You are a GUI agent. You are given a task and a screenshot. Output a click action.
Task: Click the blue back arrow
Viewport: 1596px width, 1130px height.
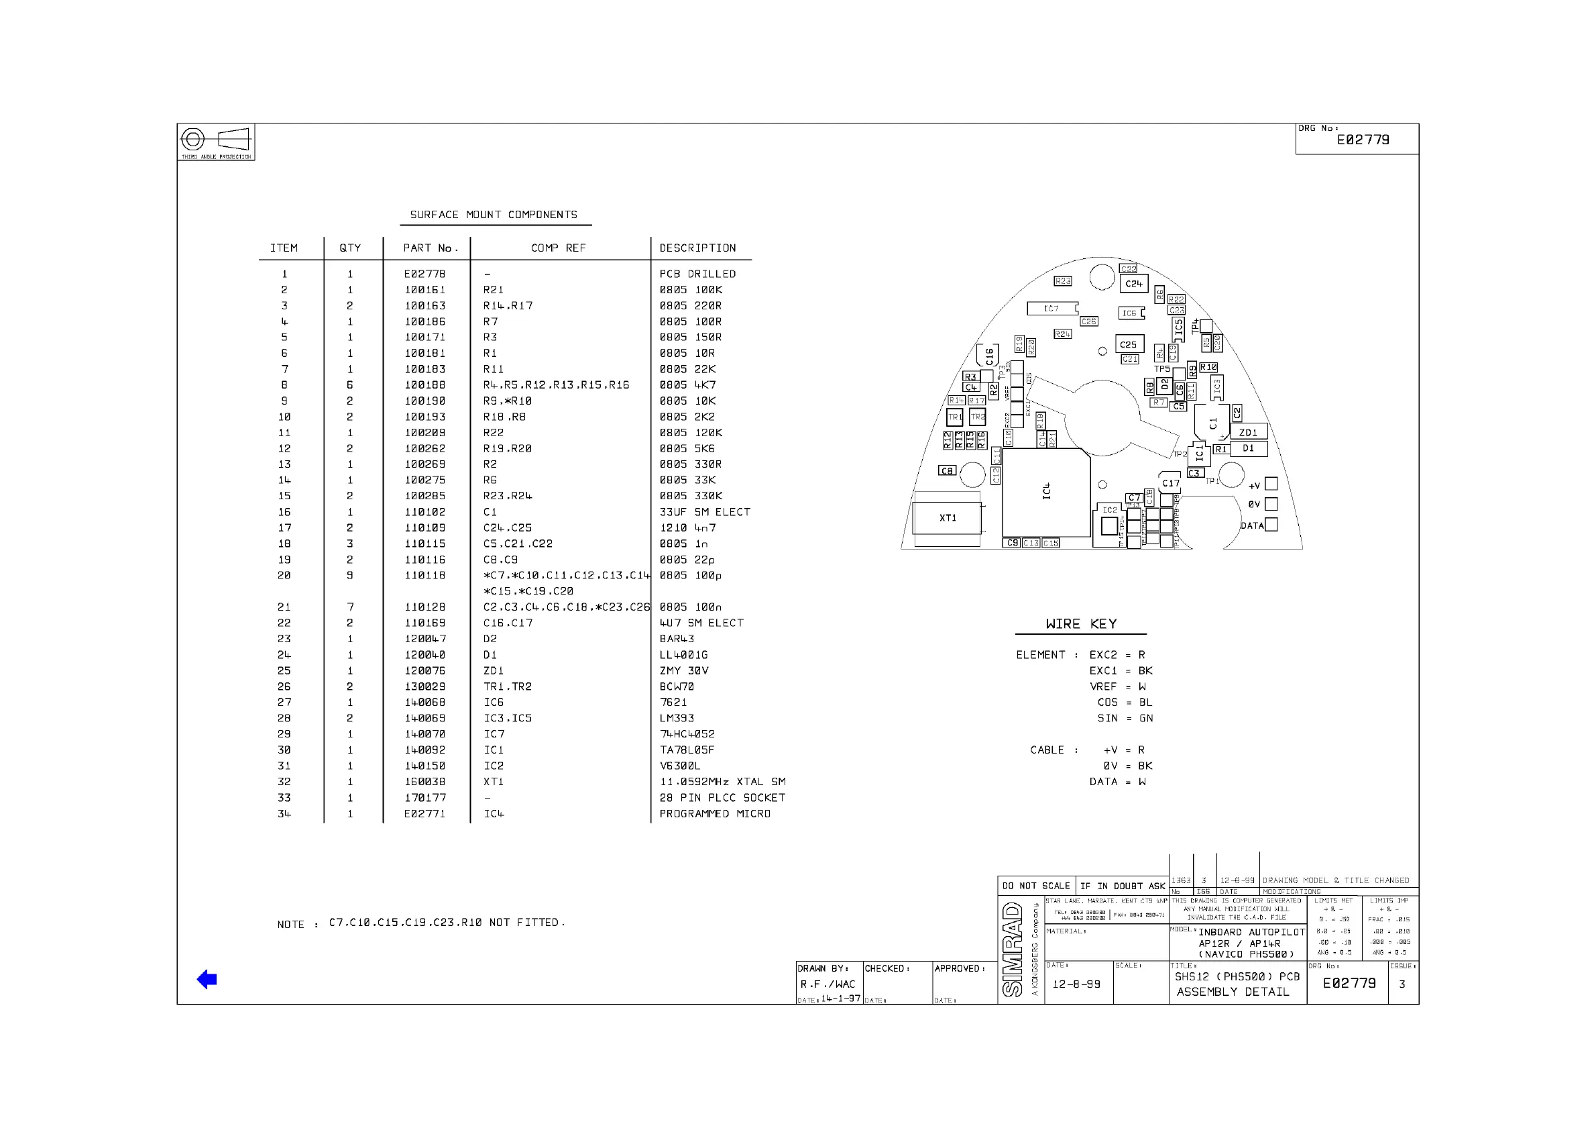click(207, 979)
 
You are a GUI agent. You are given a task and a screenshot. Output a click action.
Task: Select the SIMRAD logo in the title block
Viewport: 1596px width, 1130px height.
click(1013, 949)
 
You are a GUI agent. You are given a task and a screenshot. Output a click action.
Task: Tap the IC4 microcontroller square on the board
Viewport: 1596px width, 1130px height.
click(1046, 492)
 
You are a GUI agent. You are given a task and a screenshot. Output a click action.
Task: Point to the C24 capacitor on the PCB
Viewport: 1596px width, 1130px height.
click(1133, 284)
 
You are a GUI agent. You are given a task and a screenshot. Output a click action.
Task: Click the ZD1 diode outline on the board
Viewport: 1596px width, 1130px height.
click(1248, 432)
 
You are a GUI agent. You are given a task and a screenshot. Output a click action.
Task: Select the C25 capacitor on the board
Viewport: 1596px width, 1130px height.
click(1128, 344)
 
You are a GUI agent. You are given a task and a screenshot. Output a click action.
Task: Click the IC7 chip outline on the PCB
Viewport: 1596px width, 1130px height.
click(1051, 308)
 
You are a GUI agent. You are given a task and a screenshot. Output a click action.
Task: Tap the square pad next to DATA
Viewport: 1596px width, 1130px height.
click(1271, 525)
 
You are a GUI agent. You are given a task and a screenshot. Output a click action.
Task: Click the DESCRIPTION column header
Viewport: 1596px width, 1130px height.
click(697, 248)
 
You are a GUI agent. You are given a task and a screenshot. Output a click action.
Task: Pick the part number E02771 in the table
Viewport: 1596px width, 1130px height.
click(425, 813)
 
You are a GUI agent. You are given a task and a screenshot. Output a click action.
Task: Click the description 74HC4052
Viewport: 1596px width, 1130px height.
click(687, 734)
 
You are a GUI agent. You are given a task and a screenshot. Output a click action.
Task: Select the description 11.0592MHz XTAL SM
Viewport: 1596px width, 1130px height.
click(722, 781)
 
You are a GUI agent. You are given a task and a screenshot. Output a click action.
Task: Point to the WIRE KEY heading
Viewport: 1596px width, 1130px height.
click(1081, 624)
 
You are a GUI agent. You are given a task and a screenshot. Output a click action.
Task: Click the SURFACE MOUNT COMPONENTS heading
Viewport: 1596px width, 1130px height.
click(494, 214)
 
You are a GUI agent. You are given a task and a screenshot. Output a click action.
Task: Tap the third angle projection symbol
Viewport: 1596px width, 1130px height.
click(215, 140)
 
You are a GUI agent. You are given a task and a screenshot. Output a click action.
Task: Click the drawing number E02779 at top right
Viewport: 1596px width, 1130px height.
click(1363, 140)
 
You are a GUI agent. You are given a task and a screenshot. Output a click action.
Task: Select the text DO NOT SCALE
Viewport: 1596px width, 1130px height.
click(1035, 886)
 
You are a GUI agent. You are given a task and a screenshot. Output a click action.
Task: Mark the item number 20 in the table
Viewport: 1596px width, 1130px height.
click(284, 576)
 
